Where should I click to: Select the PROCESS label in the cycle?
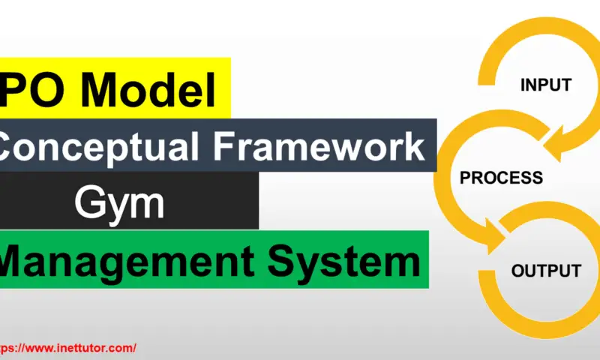[x=501, y=178]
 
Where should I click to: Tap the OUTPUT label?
[x=546, y=271]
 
